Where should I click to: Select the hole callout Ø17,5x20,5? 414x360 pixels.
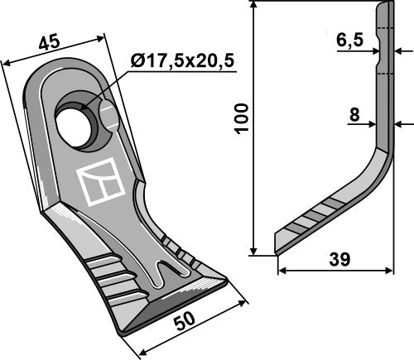181,60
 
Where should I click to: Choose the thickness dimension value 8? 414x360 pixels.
354,116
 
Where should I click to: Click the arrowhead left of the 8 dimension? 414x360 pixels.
372,125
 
